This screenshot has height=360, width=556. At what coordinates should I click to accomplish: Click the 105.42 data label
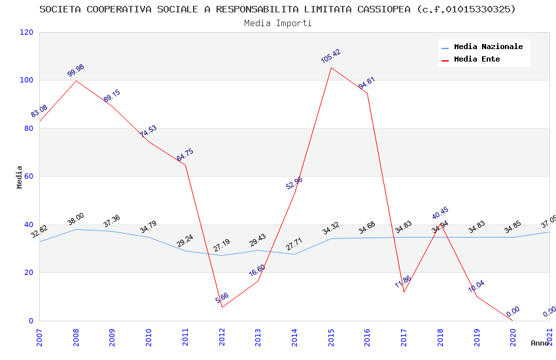[x=330, y=56]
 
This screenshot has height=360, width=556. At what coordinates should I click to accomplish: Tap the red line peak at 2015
[x=331, y=67]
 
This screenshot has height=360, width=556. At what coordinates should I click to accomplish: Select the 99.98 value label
[x=76, y=71]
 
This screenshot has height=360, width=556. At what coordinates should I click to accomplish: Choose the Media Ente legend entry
[x=476, y=60]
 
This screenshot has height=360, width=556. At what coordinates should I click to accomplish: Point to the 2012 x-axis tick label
[x=222, y=338]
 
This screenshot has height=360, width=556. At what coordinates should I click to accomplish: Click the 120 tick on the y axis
[x=27, y=33]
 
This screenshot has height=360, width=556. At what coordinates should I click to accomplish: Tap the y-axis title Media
[x=20, y=177]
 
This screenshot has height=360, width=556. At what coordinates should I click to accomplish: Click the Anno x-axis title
[x=540, y=343]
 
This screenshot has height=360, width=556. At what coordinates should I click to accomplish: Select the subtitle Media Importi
[x=277, y=23]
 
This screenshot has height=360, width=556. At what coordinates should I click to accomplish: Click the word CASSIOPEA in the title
[x=388, y=9]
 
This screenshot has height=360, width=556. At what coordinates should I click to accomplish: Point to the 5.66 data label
[x=222, y=298]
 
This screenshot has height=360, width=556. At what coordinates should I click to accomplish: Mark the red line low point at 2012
[x=222, y=307]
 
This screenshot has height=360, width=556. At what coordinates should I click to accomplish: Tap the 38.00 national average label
[x=75, y=219]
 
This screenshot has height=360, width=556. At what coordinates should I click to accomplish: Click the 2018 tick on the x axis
[x=441, y=338]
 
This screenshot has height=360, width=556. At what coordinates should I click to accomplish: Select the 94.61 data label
[x=366, y=83]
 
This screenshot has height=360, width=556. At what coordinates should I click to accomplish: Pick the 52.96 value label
[x=294, y=183]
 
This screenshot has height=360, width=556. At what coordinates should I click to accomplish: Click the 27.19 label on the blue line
[x=222, y=245]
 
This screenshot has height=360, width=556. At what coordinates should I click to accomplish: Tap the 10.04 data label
[x=476, y=286]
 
